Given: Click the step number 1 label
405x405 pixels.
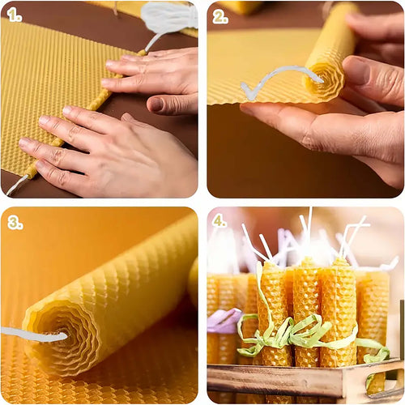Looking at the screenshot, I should (x=15, y=15).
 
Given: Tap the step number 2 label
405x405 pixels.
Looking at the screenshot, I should (x=220, y=15).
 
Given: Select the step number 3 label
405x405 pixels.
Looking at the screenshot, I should (x=15, y=221).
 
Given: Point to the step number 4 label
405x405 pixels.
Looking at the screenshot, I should (x=220, y=221).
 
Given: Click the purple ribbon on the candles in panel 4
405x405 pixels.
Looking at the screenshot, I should (x=222, y=321).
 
